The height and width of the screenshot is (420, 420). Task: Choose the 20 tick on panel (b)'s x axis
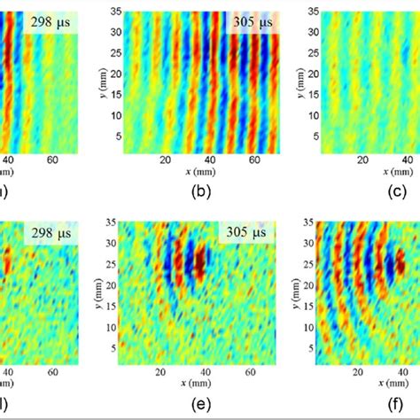165,160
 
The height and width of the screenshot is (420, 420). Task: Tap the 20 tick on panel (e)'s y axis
113,285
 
